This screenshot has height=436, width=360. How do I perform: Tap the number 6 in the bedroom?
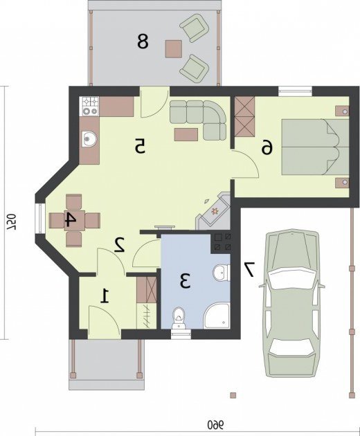click(267, 147)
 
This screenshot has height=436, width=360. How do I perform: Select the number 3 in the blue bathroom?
click(185, 280)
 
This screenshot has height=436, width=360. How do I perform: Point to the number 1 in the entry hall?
click(105, 296)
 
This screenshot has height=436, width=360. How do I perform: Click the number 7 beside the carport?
click(249, 269)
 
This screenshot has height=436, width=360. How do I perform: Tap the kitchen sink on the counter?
click(89, 138)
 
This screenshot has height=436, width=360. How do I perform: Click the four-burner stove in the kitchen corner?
click(89, 106)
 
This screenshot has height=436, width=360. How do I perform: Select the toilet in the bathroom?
click(179, 318)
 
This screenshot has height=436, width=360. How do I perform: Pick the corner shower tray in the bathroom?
click(217, 316)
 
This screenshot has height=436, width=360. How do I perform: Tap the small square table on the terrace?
click(173, 49)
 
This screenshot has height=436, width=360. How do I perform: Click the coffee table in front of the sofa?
click(186, 134)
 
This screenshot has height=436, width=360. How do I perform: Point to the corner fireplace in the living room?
click(213, 211)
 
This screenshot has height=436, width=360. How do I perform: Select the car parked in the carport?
click(292, 304)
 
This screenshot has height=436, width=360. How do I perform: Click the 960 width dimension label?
click(216, 424)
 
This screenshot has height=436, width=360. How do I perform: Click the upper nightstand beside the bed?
click(342, 111)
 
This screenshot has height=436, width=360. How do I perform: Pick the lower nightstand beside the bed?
click(342, 183)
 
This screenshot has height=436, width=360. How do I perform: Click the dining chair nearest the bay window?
click(57, 221)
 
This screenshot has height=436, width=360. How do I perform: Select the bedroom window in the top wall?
click(295, 91)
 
